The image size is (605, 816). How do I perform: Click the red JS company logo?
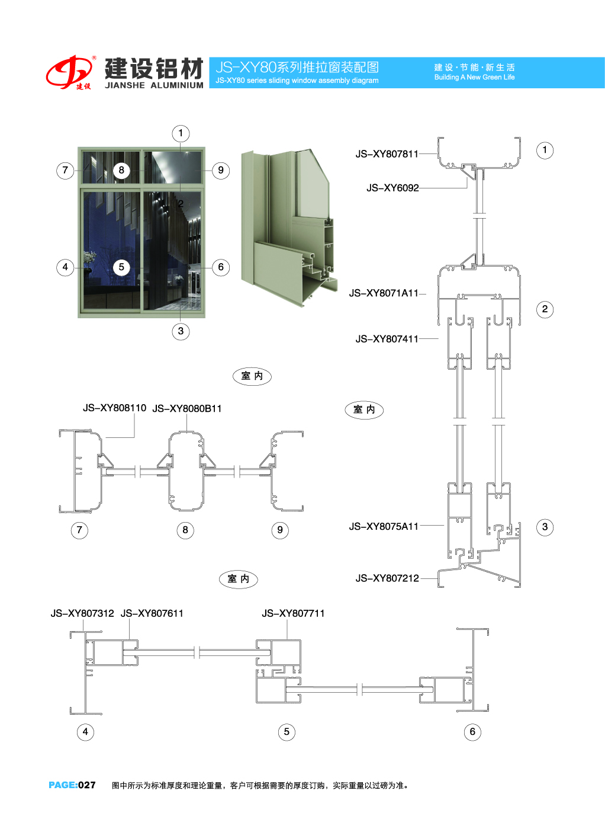click(x=70, y=72)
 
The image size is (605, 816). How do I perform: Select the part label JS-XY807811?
click(x=387, y=154)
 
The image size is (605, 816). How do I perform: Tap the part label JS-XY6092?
click(x=392, y=188)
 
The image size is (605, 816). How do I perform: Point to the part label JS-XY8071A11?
click(x=384, y=293)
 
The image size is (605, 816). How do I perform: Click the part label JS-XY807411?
click(x=387, y=339)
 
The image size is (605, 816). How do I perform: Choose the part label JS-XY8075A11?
click(x=384, y=526)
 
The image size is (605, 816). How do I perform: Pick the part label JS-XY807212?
click(x=387, y=578)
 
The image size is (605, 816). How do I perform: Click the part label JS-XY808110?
click(x=114, y=408)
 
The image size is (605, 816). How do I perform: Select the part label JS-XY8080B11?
click(x=187, y=408)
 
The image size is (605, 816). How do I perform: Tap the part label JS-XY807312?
click(x=82, y=613)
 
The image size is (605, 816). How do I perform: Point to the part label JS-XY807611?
click(x=152, y=613)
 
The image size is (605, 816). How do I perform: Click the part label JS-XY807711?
click(x=293, y=613)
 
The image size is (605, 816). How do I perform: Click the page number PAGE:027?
click(x=72, y=785)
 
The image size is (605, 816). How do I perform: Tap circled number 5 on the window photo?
click(x=121, y=267)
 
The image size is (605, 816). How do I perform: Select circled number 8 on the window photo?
click(x=121, y=171)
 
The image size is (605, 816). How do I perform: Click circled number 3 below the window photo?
click(x=181, y=331)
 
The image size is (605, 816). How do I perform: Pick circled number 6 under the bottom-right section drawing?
click(x=472, y=732)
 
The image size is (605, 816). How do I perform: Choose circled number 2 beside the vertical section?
click(x=545, y=309)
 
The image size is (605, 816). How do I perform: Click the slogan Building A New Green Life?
click(x=474, y=77)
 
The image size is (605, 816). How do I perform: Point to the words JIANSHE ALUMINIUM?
click(x=154, y=85)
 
